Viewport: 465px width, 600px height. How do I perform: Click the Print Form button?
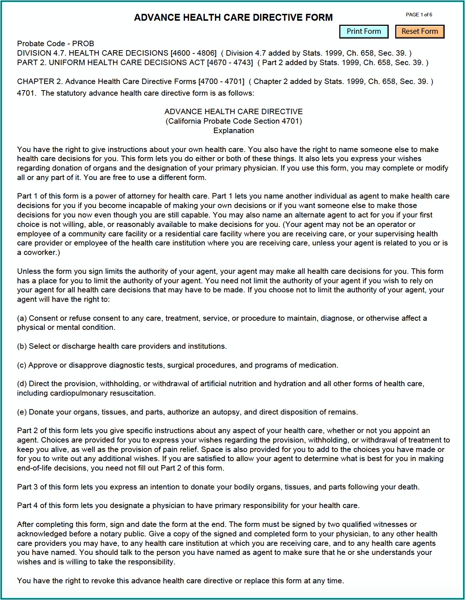pos(364,32)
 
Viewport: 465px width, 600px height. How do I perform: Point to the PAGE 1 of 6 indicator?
pos(418,15)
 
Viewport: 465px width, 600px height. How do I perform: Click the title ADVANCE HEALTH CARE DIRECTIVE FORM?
pos(233,17)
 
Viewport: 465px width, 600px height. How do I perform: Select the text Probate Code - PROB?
pos(56,44)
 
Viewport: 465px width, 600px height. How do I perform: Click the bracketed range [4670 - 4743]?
pos(230,63)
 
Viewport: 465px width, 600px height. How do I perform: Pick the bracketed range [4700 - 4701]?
pos(221,81)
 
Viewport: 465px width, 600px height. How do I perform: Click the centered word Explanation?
pos(234,131)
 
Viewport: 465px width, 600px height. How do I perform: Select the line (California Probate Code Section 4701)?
pos(234,121)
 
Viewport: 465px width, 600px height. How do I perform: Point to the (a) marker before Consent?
pos(22,318)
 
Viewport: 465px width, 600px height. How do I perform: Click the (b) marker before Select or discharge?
pos(22,346)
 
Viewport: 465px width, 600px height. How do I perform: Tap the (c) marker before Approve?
pos(22,365)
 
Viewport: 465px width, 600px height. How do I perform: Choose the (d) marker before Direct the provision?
pos(22,384)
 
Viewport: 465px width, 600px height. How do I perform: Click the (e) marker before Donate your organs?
pos(22,412)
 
